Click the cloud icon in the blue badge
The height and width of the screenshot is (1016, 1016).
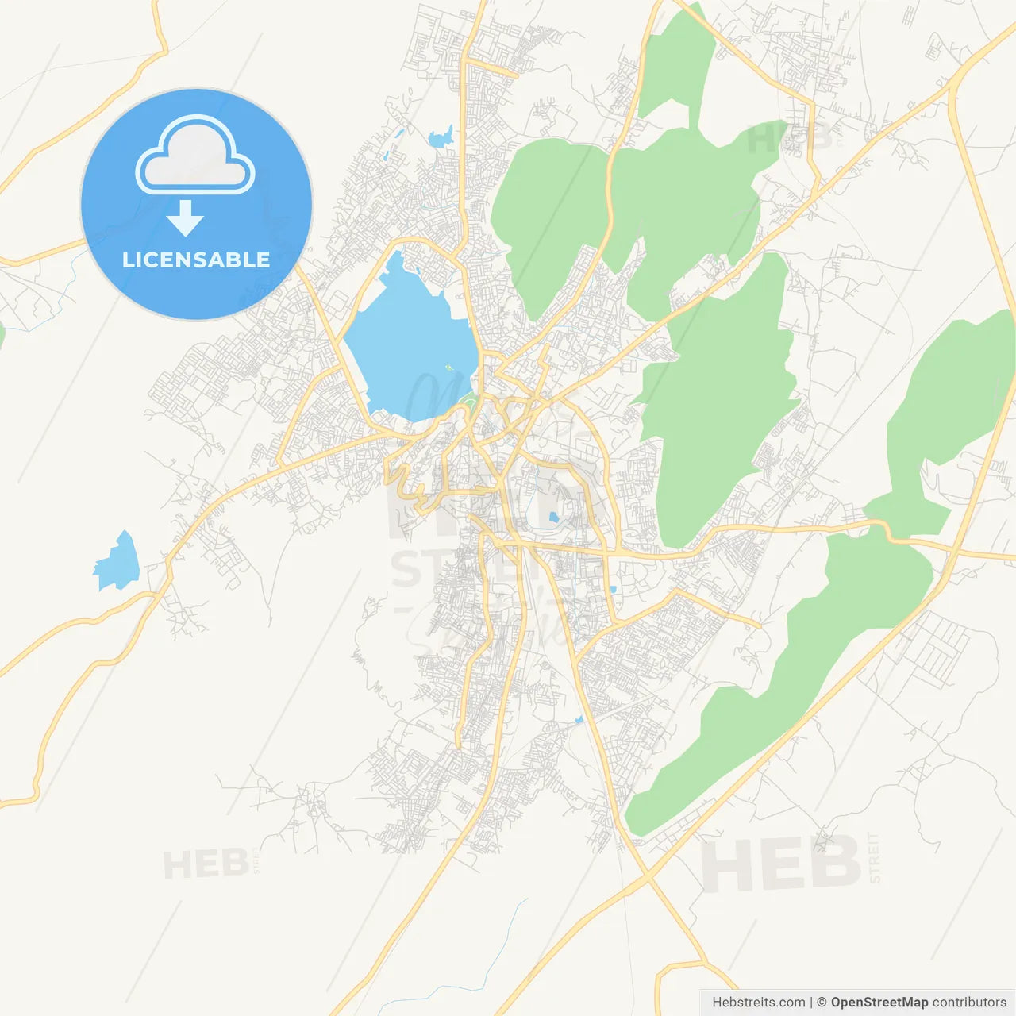(x=195, y=156)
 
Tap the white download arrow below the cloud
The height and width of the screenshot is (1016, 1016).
(x=185, y=217)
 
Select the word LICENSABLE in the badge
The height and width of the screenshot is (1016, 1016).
(x=196, y=260)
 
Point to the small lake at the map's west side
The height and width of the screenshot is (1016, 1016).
(x=117, y=562)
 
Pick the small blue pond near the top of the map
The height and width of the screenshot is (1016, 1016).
(x=440, y=139)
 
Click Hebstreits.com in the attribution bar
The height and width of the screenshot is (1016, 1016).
(x=758, y=1003)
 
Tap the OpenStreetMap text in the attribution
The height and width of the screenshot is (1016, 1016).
(x=879, y=1003)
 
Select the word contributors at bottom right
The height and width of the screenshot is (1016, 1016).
(x=969, y=1003)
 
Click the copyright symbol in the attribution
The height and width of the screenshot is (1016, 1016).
(x=822, y=1003)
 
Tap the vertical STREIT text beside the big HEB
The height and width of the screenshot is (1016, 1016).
(x=874, y=857)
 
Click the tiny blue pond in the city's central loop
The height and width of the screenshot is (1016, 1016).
(x=553, y=518)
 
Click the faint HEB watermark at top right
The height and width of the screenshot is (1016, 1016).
(x=790, y=139)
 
